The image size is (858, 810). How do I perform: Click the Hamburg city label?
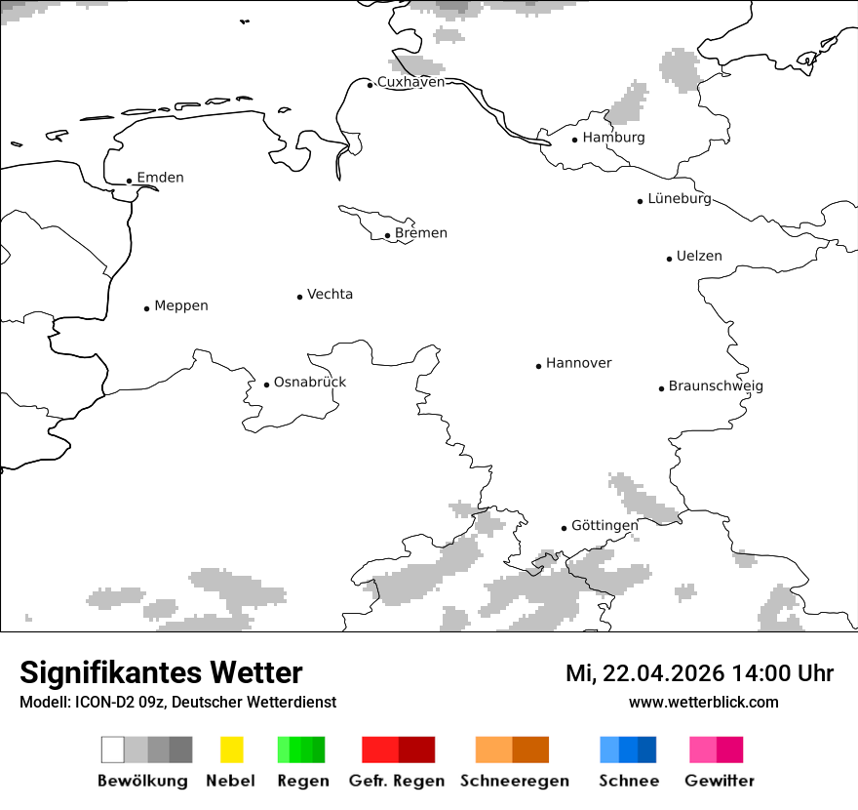pyautogui.click(x=613, y=138)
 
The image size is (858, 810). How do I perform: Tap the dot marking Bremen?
pyautogui.click(x=387, y=235)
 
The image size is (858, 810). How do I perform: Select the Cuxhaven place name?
pyautogui.click(x=410, y=82)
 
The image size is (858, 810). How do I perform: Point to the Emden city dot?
pyautogui.click(x=129, y=181)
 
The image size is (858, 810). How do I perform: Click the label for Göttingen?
pyautogui.click(x=604, y=525)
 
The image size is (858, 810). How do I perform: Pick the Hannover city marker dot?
pyautogui.click(x=538, y=366)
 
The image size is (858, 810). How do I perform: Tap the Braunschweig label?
pyautogui.click(x=716, y=386)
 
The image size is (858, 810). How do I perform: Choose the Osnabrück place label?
pyautogui.click(x=310, y=383)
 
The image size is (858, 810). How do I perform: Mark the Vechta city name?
pyautogui.click(x=330, y=295)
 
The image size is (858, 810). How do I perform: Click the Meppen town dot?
pyautogui.click(x=146, y=308)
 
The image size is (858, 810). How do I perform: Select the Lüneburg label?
pyautogui.click(x=680, y=198)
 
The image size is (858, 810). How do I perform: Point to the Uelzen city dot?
pyautogui.click(x=669, y=259)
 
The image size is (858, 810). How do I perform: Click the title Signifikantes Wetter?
pyautogui.click(x=161, y=672)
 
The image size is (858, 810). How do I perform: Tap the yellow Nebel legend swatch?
pyautogui.click(x=231, y=749)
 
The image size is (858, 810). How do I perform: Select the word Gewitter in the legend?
pyautogui.click(x=720, y=781)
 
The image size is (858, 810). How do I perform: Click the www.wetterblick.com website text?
pyautogui.click(x=703, y=702)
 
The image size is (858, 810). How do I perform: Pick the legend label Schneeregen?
pyautogui.click(x=515, y=781)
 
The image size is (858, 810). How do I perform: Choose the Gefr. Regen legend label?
pyautogui.click(x=397, y=781)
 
